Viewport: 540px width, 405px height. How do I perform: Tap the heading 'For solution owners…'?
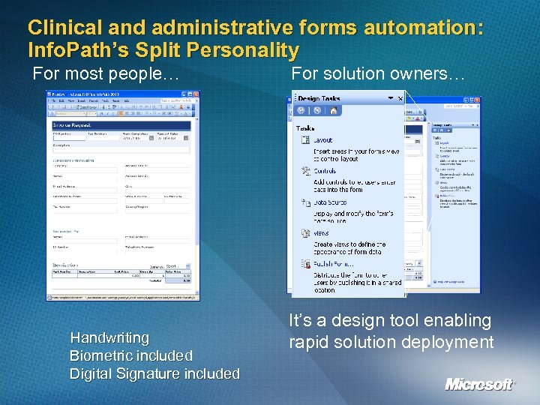379,74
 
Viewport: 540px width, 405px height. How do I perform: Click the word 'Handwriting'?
109,337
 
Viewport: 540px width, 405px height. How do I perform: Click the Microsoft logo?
480,384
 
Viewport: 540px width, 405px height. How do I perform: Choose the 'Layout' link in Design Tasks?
322,140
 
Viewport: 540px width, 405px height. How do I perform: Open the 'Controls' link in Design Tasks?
325,171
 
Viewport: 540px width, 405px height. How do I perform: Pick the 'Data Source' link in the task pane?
329,202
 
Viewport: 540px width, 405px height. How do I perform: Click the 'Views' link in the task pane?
321,233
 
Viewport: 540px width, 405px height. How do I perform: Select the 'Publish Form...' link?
334,264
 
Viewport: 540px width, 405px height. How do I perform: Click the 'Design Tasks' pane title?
319,97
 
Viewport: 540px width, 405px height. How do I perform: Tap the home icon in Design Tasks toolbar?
333,110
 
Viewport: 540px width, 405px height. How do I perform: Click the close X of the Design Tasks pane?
400,97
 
